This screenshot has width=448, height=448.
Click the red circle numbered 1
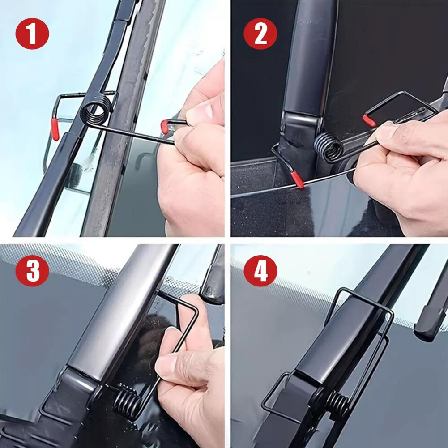coord(32,34)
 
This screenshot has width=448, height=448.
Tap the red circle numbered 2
coord(261,34)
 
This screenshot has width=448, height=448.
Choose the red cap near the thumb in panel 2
coord(370,119)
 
